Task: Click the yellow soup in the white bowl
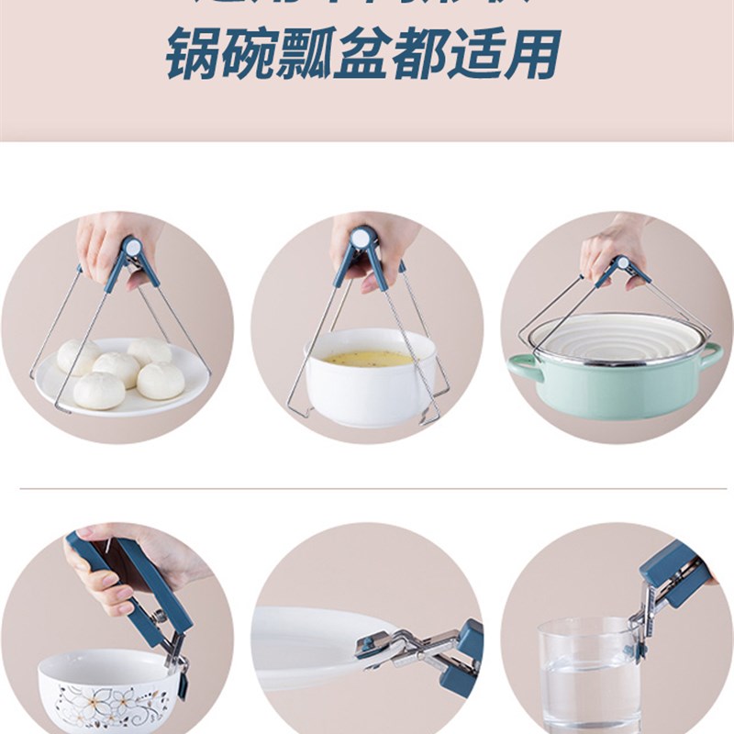pyautogui.click(x=369, y=358)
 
